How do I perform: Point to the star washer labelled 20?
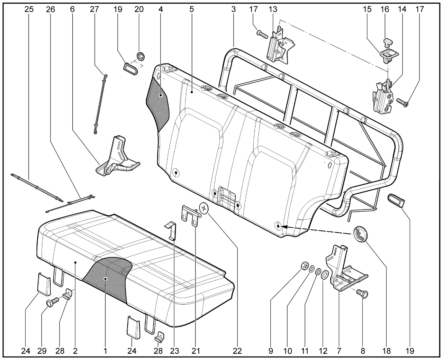(x=141, y=56)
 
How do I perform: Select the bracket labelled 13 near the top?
(x=279, y=46)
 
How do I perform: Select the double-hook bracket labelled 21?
(x=190, y=214)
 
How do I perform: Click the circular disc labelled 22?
(x=204, y=209)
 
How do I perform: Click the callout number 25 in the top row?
(x=29, y=9)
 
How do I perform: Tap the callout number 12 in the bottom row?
(x=323, y=351)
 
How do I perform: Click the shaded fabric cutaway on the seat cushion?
(x=107, y=277)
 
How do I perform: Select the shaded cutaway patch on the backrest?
(x=159, y=104)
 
